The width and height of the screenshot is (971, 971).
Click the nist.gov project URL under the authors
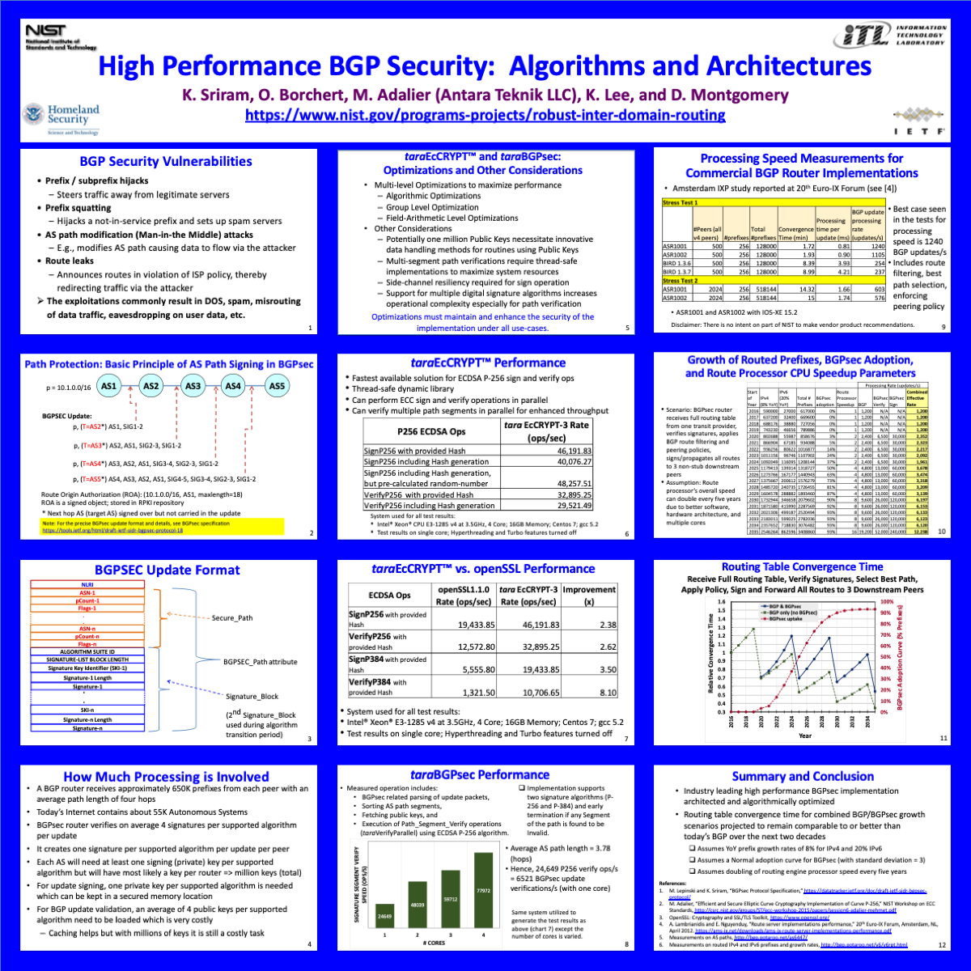click(485, 116)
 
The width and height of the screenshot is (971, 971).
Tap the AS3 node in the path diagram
click(193, 386)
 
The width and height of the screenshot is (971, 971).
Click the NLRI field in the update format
click(87, 583)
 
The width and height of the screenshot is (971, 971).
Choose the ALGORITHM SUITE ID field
click(87, 651)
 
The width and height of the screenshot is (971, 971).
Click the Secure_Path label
click(232, 617)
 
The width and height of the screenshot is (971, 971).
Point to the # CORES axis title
click(435, 943)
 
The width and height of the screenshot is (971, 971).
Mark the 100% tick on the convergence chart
click(886, 601)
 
